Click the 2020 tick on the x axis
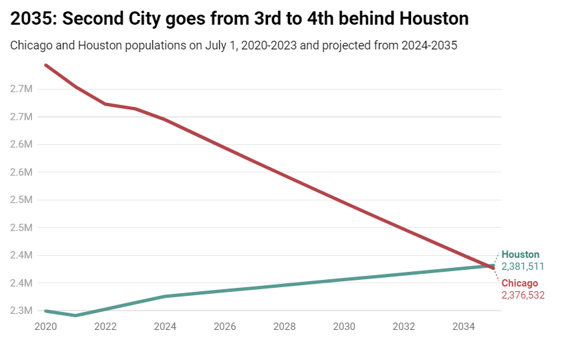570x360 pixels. (45, 327)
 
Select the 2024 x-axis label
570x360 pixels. (165, 327)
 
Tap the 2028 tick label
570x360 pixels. (285, 327)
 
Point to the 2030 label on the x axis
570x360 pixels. (344, 327)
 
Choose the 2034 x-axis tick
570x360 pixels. (464, 327)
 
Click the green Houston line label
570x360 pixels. (520, 254)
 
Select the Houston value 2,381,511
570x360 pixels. (523, 266)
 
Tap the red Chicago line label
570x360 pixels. (519, 283)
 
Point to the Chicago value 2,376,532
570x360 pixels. (523, 295)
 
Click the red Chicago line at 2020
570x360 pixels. (45, 65)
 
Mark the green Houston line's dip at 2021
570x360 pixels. (76, 315)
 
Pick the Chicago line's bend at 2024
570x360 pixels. (165, 120)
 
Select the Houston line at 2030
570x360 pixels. (344, 279)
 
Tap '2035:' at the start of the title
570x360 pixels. (33, 19)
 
